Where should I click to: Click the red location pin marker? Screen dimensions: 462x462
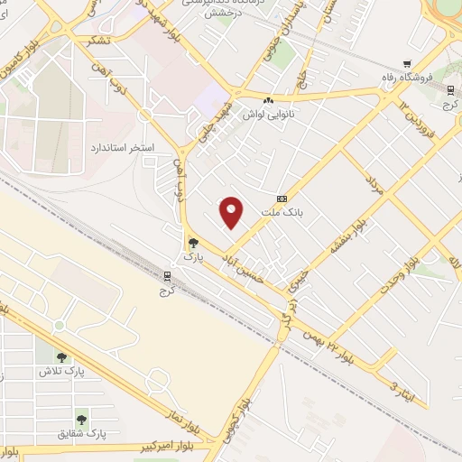click(x=232, y=211)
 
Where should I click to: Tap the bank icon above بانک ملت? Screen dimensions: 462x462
click(x=282, y=199)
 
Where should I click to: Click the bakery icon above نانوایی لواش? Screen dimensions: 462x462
click(x=268, y=98)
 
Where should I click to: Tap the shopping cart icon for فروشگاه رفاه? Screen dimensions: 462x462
click(x=409, y=64)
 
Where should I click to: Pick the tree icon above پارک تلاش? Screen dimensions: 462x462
click(x=61, y=357)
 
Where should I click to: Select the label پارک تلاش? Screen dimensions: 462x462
click(x=61, y=372)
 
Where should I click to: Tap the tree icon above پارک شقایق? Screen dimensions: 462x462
click(x=81, y=420)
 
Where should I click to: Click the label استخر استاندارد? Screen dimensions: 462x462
click(x=122, y=146)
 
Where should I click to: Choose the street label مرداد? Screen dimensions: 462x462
click(x=374, y=187)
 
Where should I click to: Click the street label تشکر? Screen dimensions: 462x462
click(x=101, y=42)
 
